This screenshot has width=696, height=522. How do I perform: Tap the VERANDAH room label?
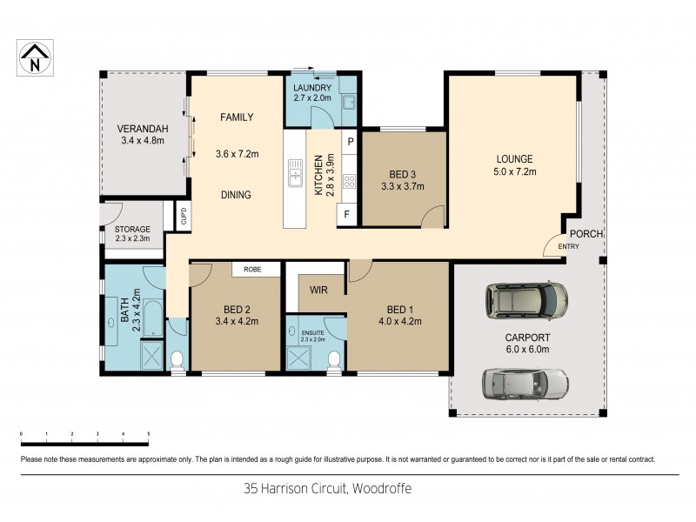143,130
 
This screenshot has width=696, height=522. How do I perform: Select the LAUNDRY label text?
311,88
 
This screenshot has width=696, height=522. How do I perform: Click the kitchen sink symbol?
296,178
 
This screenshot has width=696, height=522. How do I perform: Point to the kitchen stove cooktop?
350,181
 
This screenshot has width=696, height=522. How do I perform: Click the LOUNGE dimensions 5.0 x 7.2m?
514,172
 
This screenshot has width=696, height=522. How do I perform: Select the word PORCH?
586,234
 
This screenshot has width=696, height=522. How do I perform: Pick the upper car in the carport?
527,299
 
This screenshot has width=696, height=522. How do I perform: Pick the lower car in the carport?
525,382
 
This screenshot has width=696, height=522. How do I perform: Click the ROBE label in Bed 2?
253,270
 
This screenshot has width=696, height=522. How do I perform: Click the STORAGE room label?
132,229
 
